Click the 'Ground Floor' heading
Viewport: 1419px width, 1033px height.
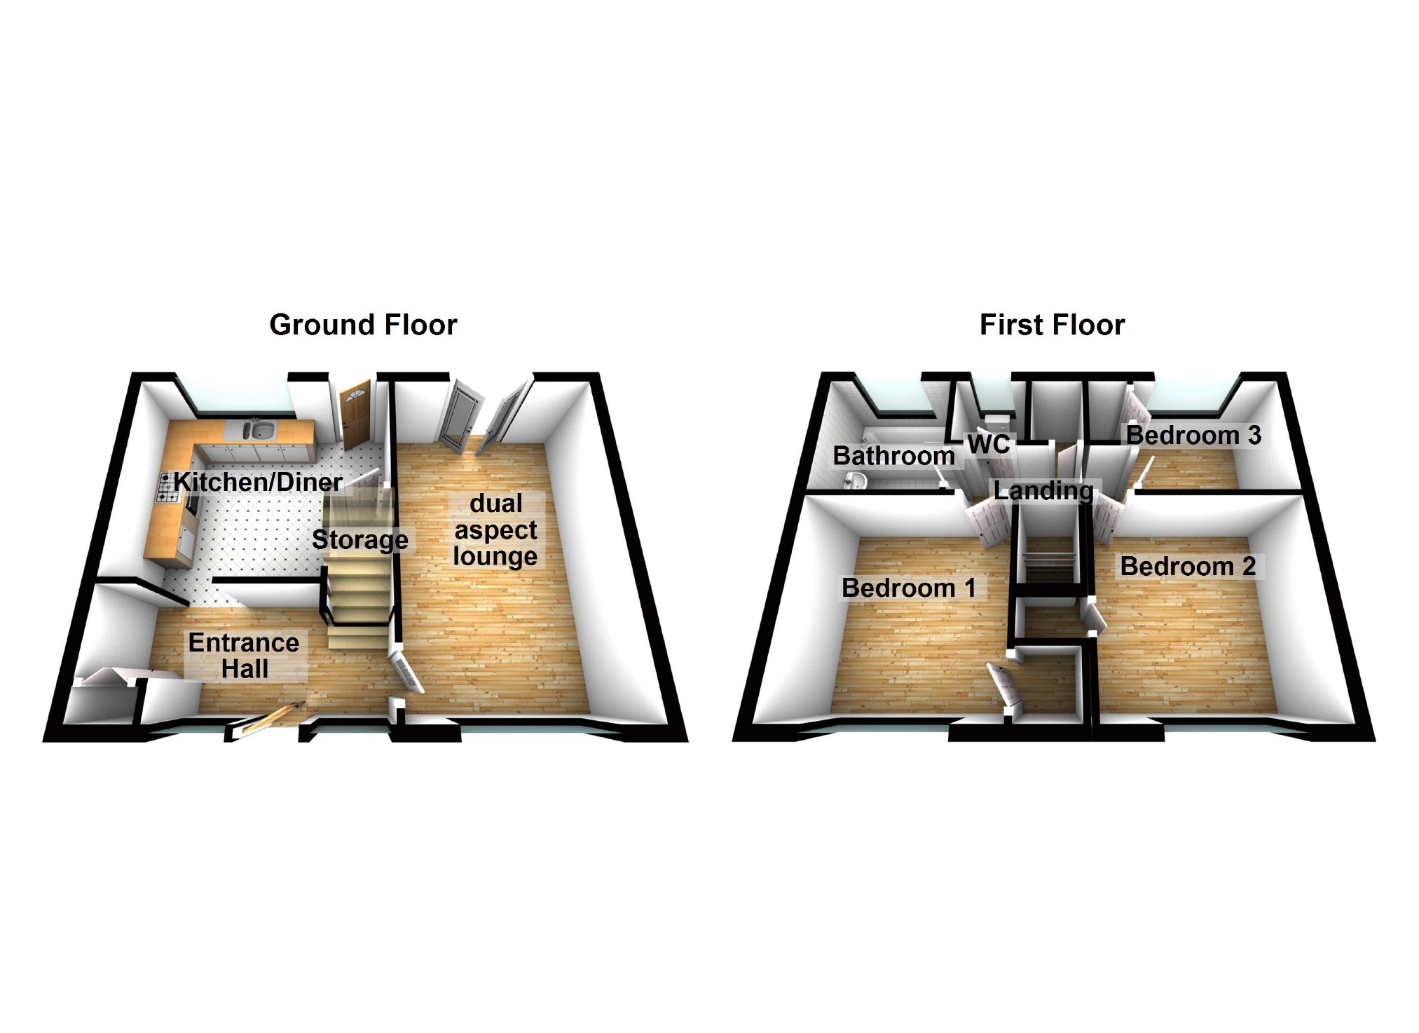tap(363, 325)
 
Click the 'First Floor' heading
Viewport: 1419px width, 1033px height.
tap(1052, 325)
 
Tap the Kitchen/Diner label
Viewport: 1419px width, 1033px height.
tap(258, 482)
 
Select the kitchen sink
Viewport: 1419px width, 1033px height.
tap(262, 429)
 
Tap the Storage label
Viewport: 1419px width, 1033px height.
tap(359, 539)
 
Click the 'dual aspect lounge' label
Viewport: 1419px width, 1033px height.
tap(495, 529)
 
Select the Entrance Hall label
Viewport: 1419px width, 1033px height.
tap(244, 656)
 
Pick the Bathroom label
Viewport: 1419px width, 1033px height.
tap(893, 456)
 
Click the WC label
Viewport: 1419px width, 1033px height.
tap(988, 444)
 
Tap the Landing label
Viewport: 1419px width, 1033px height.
tap(1043, 490)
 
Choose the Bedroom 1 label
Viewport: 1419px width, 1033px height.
tap(908, 588)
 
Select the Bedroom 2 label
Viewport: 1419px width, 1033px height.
tap(1188, 566)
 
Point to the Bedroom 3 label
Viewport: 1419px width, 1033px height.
tap(1193, 435)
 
